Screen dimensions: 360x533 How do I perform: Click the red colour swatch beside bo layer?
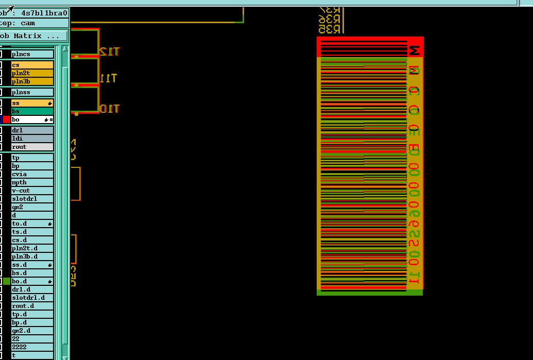point(7,119)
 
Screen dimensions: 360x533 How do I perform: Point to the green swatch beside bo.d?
point(7,281)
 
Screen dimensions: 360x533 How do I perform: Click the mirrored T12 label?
point(109,52)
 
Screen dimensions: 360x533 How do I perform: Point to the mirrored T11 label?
point(108,78)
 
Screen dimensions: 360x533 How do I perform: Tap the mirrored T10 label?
point(109,109)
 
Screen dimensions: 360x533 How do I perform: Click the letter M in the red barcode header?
point(415,50)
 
